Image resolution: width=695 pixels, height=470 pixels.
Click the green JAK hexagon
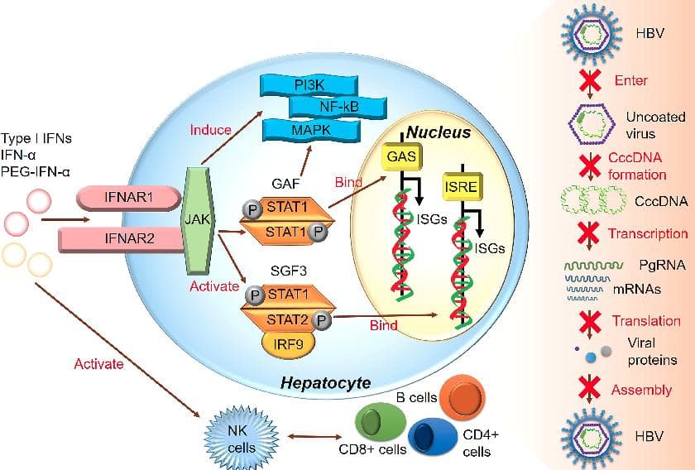click(x=198, y=220)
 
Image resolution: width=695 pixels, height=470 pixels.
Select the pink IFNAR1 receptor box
click(x=129, y=197)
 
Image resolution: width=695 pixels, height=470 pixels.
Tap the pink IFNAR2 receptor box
click(x=122, y=239)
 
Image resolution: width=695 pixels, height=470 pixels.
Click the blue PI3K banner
click(x=309, y=85)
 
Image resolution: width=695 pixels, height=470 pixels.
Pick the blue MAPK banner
click(x=311, y=130)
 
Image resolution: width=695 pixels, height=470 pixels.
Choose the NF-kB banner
click(x=338, y=107)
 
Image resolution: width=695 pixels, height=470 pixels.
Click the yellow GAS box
click(x=401, y=157)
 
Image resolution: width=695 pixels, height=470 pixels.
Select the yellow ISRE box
click(x=463, y=186)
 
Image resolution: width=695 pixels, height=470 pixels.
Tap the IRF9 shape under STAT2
click(x=289, y=343)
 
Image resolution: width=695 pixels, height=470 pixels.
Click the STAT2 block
click(x=287, y=319)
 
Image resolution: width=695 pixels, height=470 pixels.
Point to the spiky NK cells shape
click(x=242, y=437)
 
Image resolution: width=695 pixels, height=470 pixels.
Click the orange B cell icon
click(x=463, y=397)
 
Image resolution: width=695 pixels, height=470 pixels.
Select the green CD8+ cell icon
click(x=381, y=422)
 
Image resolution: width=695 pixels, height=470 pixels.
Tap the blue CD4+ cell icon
click(x=433, y=437)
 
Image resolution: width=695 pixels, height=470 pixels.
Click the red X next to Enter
click(x=590, y=81)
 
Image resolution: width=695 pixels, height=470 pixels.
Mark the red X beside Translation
click(x=590, y=321)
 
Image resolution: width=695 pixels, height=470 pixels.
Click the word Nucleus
click(x=439, y=132)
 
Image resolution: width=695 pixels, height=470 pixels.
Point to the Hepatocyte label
click(x=326, y=382)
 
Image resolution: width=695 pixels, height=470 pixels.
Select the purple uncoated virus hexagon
click(x=592, y=124)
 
